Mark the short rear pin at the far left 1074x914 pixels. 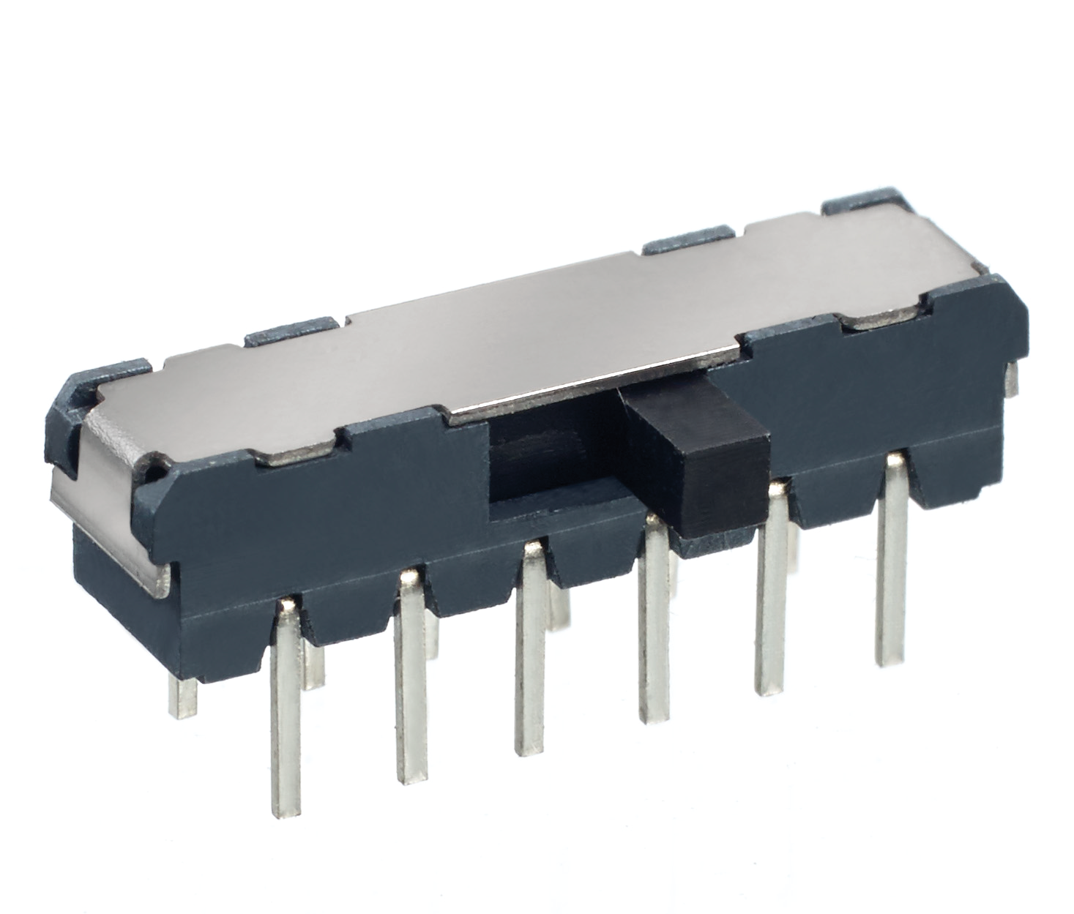pos(182,695)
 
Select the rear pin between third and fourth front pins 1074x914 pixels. pos(560,607)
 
